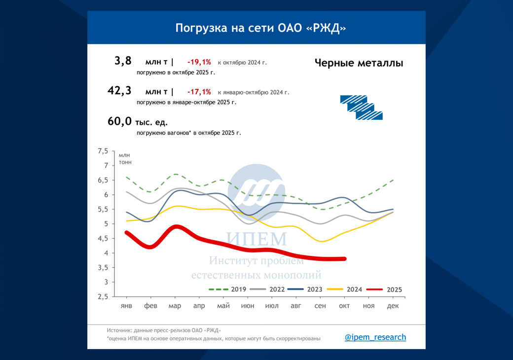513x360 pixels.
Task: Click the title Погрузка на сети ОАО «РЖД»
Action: tap(260, 28)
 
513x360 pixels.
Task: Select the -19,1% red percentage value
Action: tap(199, 62)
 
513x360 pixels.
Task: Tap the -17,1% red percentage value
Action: tap(199, 92)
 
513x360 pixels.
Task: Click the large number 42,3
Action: tap(120, 91)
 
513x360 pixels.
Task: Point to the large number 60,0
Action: tap(120, 121)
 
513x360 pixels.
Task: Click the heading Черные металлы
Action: tap(359, 63)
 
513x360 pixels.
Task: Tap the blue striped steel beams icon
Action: tap(361, 107)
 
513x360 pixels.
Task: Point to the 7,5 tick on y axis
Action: tap(102, 151)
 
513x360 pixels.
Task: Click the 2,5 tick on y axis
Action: tap(102, 297)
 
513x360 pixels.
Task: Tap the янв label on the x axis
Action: tap(127, 306)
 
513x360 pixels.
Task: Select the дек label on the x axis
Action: tap(393, 306)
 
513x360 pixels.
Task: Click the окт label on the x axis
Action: tap(344, 306)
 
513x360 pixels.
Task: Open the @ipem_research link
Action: tap(375, 337)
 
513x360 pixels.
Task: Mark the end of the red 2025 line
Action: tap(344, 258)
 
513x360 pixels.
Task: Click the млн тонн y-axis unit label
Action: tap(125, 159)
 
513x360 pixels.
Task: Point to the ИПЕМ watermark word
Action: tap(256, 239)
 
